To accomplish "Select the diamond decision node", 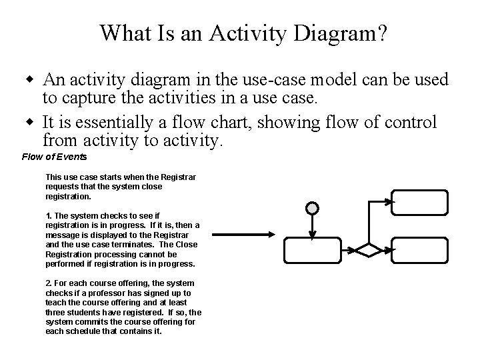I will click(368, 251).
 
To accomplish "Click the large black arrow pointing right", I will click(243, 234).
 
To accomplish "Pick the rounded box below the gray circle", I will click(311, 250).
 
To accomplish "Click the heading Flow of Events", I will click(55, 157).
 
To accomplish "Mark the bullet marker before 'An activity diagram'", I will click(30, 81).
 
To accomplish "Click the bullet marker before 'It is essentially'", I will click(30, 123).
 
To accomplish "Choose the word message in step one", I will click(63, 235).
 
